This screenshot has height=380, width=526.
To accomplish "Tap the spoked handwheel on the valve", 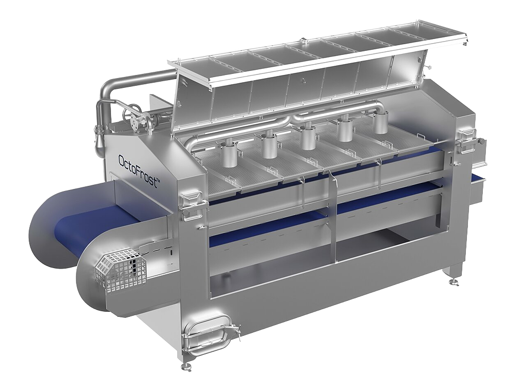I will click(132, 111).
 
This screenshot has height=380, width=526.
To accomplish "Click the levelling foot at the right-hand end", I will click(454, 281).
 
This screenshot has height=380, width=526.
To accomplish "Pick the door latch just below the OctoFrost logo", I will click(191, 200).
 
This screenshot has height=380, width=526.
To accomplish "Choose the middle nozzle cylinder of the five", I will click(308, 136).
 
